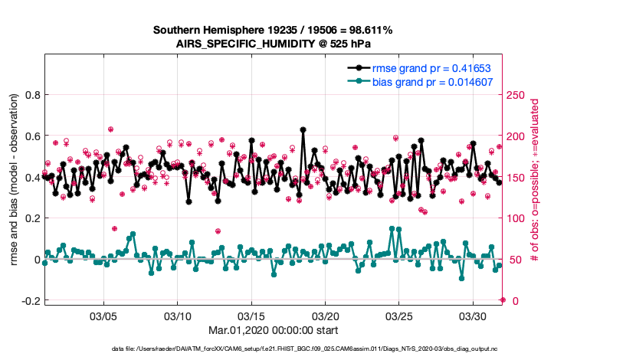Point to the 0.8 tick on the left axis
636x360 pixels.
pyautogui.click(x=31, y=95)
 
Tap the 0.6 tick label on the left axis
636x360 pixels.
pyautogui.click(x=31, y=136)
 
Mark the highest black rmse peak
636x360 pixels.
pyautogui.click(x=303, y=130)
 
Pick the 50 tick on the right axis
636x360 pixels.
pyautogui.click(x=516, y=260)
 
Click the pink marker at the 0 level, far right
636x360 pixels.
pyautogui.click(x=503, y=299)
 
